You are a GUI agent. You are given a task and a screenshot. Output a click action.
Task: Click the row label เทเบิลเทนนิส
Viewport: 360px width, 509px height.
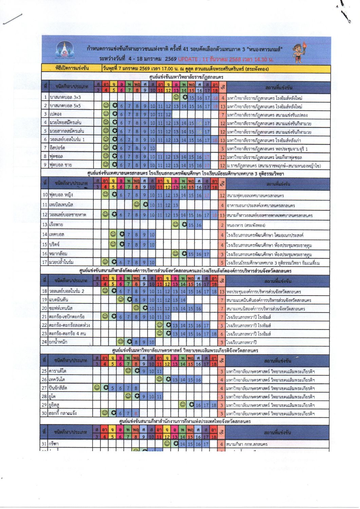(x=61, y=205)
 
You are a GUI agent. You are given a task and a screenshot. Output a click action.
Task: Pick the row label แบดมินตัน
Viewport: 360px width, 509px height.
(x=59, y=300)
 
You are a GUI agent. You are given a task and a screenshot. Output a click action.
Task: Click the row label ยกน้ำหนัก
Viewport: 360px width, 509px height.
(x=58, y=342)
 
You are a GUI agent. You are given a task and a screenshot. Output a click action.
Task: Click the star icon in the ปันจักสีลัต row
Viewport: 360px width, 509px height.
(x=106, y=388)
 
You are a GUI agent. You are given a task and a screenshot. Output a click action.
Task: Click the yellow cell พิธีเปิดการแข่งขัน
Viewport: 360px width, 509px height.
(x=72, y=68)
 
